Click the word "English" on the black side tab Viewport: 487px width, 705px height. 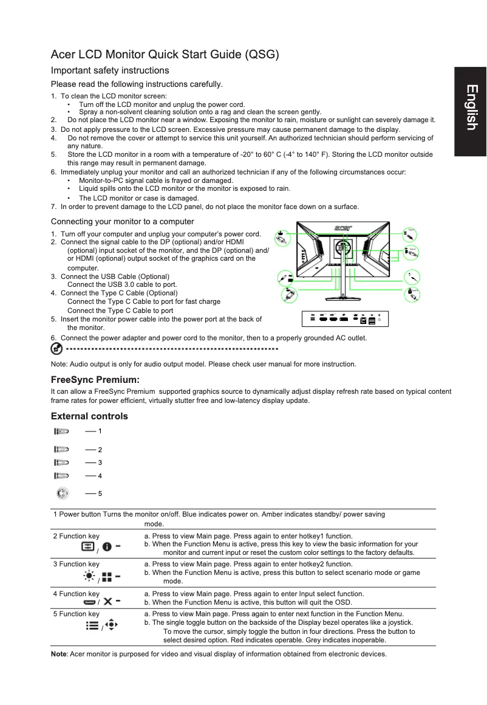(471, 108)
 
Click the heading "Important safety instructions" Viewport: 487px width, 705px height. (110, 70)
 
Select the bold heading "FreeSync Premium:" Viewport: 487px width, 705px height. (95, 380)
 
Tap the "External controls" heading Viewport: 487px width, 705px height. (89, 416)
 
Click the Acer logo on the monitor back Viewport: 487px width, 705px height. (343, 228)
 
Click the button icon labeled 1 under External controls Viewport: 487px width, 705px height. (61, 431)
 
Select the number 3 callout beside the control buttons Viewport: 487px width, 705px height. (100, 463)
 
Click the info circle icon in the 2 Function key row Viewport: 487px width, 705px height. (106, 547)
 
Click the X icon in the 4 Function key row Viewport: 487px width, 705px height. (107, 602)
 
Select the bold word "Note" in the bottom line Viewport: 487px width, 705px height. (60, 654)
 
